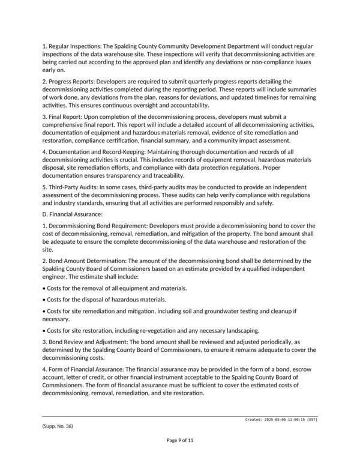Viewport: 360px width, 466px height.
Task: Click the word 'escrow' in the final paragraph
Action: [304, 371]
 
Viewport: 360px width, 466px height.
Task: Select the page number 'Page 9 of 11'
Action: [179, 440]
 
